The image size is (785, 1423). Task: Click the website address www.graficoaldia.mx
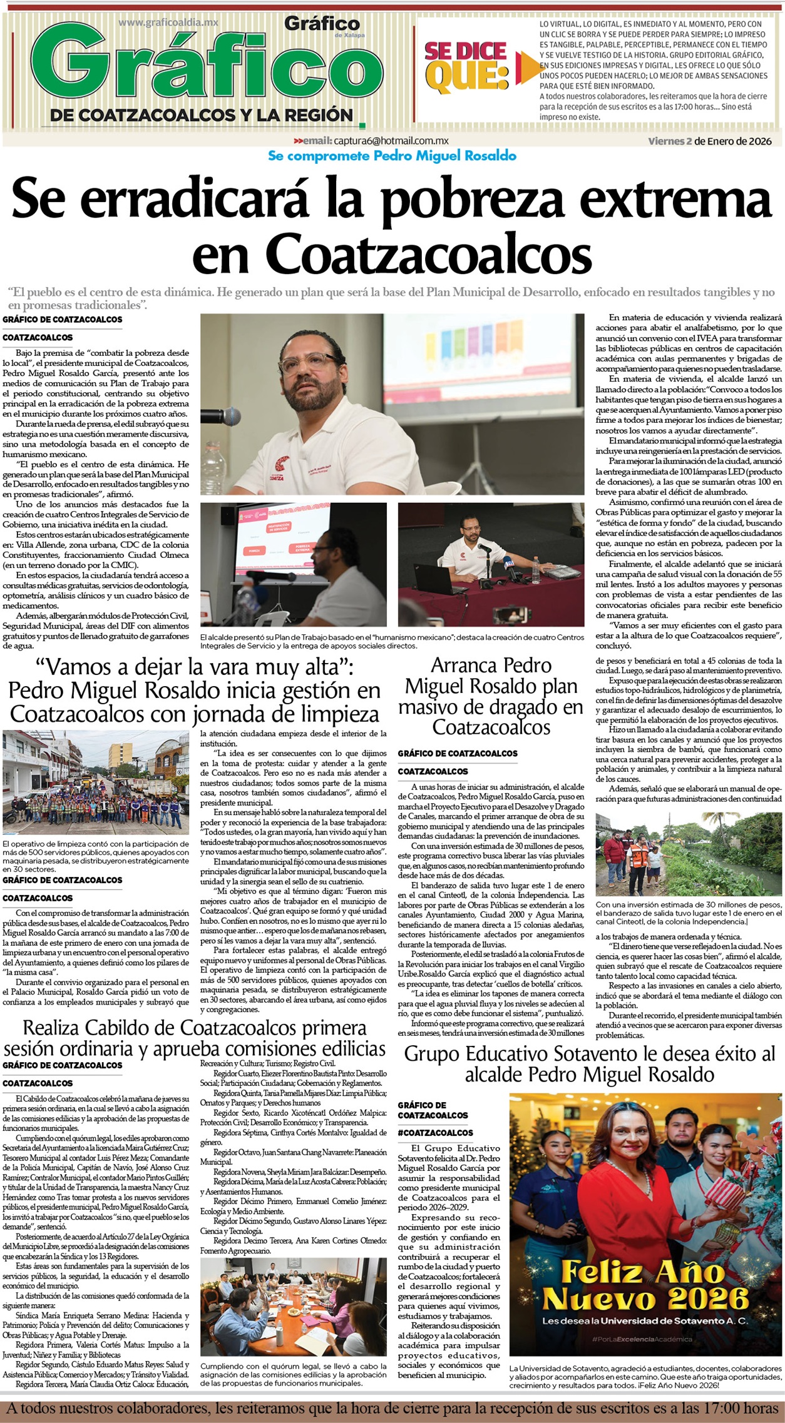168,22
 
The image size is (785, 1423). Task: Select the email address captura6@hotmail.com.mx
390,141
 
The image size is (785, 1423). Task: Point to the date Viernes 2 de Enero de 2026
710,141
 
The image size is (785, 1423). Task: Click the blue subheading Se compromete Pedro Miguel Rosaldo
392,156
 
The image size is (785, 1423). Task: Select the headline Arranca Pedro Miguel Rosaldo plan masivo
491,696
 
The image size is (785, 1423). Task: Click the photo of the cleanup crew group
96,781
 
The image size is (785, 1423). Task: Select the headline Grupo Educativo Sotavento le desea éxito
589,1065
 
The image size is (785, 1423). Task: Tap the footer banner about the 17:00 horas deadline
392,1409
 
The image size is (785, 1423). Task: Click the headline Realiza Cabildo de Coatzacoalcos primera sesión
194,1038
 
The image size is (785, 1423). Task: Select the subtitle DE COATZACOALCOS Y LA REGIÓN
202,114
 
